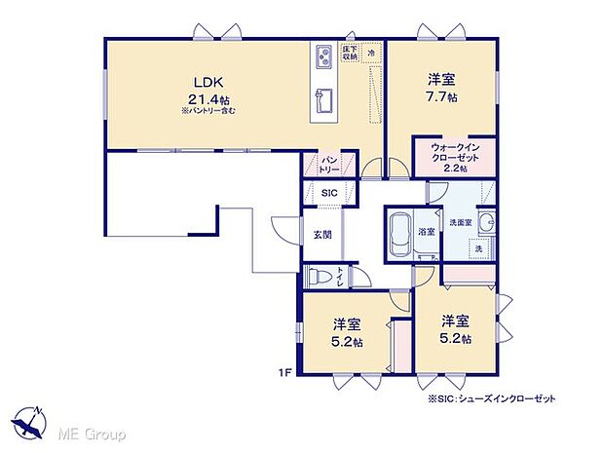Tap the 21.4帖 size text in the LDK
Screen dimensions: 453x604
pyautogui.click(x=208, y=98)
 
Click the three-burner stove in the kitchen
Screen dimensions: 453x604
pyautogui.click(x=323, y=60)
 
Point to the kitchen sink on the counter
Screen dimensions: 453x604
pyautogui.click(x=323, y=100)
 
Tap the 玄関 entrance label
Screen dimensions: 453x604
pyautogui.click(x=322, y=234)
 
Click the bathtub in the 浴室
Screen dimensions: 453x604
pyautogui.click(x=401, y=234)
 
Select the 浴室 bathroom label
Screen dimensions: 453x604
pyautogui.click(x=427, y=233)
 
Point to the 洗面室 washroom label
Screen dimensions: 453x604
pyautogui.click(x=460, y=222)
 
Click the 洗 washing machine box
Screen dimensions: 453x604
pyautogui.click(x=477, y=249)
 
